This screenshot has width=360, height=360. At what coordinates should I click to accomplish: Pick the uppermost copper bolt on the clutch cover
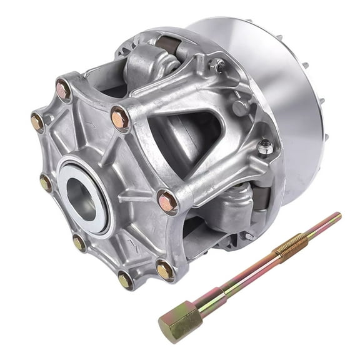click(x=62, y=90)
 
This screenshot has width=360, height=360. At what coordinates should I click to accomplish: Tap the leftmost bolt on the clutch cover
click(x=37, y=122)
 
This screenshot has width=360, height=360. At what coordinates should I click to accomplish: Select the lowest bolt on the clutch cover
click(x=124, y=281)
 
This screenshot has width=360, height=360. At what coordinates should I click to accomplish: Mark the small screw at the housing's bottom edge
click(x=249, y=236)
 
